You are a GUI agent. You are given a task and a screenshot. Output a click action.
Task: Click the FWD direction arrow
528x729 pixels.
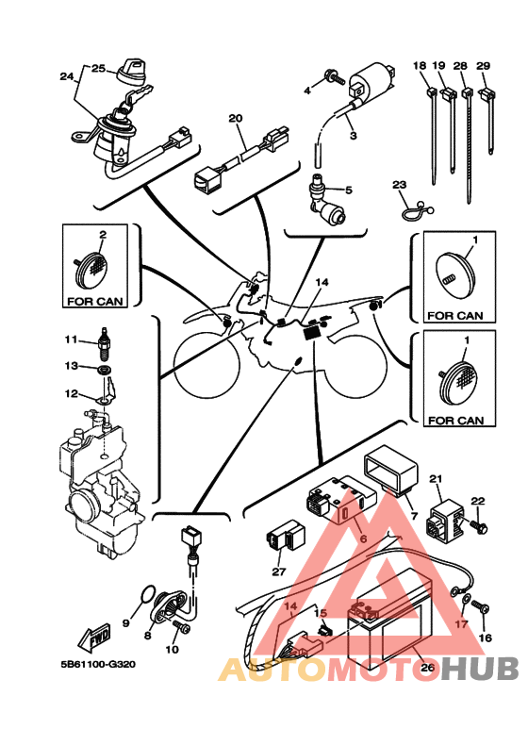click(94, 636)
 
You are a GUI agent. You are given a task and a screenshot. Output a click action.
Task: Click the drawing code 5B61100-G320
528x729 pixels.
click(98, 664)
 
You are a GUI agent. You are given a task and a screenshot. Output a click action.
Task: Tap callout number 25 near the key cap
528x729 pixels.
click(98, 69)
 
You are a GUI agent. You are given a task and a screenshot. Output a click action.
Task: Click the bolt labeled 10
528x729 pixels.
click(182, 627)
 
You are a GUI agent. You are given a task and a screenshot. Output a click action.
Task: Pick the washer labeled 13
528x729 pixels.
click(105, 371)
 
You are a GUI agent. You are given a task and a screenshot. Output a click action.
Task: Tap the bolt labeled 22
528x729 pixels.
click(479, 527)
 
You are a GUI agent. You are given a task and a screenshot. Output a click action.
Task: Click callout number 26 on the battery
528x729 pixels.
click(427, 668)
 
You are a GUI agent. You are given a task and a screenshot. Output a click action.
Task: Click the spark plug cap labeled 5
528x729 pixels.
click(327, 200)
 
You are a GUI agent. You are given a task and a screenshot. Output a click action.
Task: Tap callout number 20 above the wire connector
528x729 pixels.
click(236, 119)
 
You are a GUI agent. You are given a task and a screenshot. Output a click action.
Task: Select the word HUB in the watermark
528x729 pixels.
click(480, 669)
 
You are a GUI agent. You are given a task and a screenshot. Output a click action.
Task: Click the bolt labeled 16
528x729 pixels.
click(480, 607)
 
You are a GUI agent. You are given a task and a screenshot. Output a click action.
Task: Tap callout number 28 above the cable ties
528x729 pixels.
click(460, 66)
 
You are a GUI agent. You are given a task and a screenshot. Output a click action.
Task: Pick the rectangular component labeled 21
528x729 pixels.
click(445, 520)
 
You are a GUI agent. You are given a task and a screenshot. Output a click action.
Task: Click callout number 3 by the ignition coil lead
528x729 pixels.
click(354, 136)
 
